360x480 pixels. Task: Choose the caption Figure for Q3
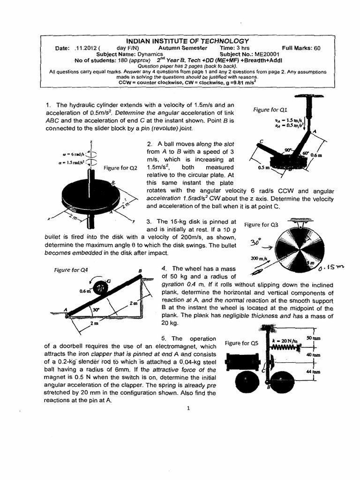click(x=262, y=224)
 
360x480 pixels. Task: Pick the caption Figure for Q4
click(x=68, y=270)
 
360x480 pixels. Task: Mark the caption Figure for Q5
click(x=241, y=343)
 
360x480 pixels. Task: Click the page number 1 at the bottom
click(x=187, y=408)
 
